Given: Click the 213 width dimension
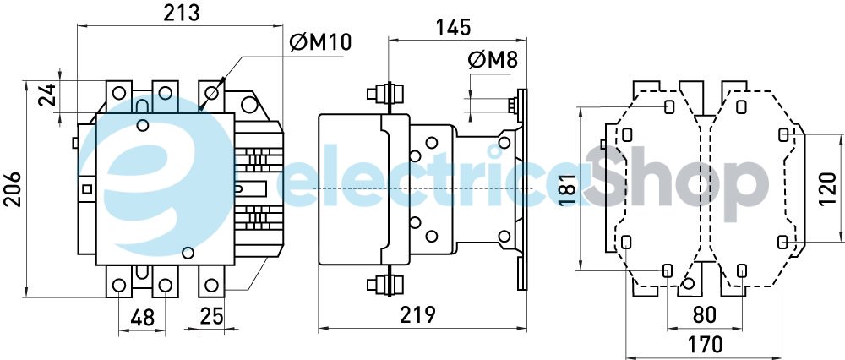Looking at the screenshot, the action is (182, 13).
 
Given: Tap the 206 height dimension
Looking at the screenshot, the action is (13, 189).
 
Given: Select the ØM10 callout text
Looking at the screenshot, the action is (320, 42).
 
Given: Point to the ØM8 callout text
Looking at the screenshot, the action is (493, 60).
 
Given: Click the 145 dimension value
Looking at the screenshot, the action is (453, 27).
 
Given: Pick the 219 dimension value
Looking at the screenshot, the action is (418, 314).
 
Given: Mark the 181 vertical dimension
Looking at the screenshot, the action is (567, 188).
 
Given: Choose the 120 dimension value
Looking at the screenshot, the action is (828, 189).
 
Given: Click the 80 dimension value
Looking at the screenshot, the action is (705, 315).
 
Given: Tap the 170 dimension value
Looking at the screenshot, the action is (704, 343).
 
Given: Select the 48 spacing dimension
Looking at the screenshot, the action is (142, 318).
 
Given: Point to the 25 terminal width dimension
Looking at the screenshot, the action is (211, 316).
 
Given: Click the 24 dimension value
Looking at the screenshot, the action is (47, 94).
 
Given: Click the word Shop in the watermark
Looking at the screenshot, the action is (676, 177).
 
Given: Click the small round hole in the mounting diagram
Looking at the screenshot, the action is (687, 283).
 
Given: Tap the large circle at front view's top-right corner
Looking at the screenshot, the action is (249, 104).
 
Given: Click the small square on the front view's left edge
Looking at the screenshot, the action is (86, 189).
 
